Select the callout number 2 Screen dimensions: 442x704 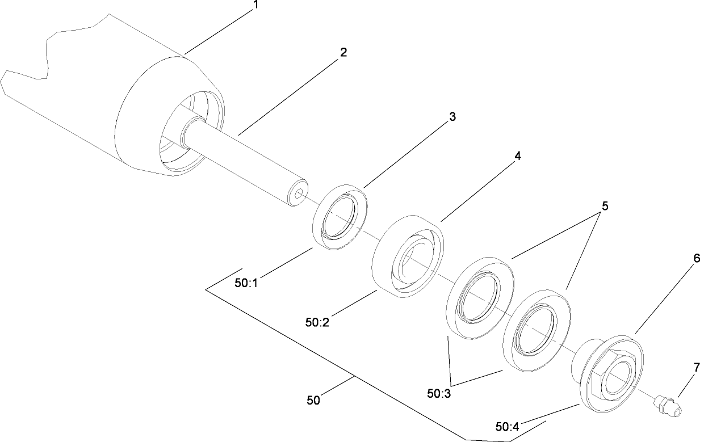point(342,52)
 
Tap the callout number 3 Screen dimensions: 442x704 point(452,117)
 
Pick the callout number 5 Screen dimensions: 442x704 point(605,207)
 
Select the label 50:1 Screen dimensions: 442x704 point(246,283)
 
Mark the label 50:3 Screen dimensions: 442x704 point(439,393)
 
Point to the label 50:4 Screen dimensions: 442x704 point(508,426)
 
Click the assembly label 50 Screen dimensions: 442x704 point(313,400)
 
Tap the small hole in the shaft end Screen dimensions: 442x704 point(299,194)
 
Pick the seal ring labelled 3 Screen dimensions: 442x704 point(340,216)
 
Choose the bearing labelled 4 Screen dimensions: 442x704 point(407,253)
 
